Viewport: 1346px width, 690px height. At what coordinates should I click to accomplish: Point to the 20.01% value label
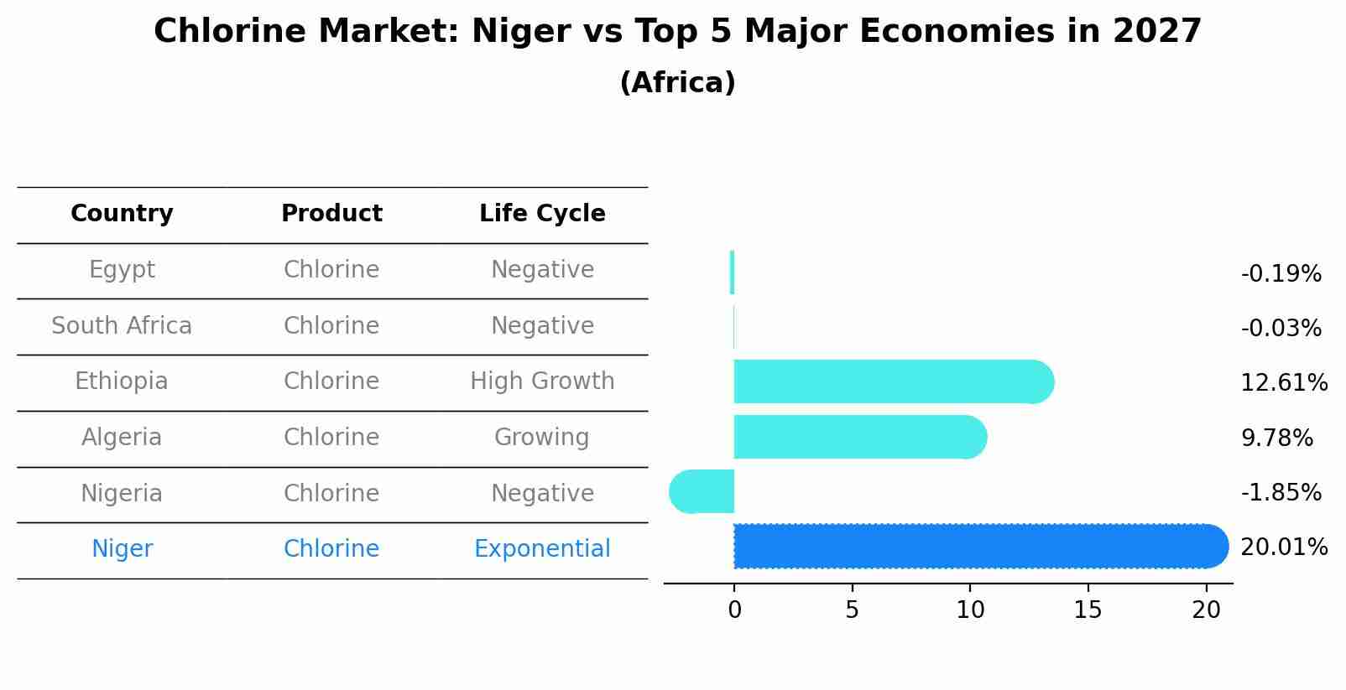(x=1283, y=547)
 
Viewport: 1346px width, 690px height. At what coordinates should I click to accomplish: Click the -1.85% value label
(x=1281, y=493)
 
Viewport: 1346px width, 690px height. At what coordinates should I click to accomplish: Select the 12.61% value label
(x=1283, y=383)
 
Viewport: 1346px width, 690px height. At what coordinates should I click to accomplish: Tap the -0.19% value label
(x=1281, y=274)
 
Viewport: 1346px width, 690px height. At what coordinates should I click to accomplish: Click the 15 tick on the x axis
(x=1088, y=610)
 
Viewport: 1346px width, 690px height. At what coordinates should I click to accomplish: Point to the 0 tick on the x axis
(x=734, y=610)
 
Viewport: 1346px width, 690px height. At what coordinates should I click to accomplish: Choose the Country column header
(x=122, y=214)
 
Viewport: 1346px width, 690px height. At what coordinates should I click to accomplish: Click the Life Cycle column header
(x=542, y=214)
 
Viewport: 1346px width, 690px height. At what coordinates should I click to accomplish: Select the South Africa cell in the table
(x=122, y=326)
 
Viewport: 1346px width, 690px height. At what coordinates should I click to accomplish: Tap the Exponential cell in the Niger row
(x=542, y=549)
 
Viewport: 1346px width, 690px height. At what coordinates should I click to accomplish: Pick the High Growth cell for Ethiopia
(x=542, y=381)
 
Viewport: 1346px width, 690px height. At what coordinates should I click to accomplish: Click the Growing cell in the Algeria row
(x=542, y=438)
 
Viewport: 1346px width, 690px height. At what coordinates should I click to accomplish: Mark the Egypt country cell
(x=122, y=270)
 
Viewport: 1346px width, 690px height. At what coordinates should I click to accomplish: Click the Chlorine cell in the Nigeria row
(x=331, y=494)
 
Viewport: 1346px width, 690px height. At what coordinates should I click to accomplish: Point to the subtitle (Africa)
(x=677, y=83)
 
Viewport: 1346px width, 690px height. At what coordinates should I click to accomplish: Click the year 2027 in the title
(x=1157, y=32)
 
